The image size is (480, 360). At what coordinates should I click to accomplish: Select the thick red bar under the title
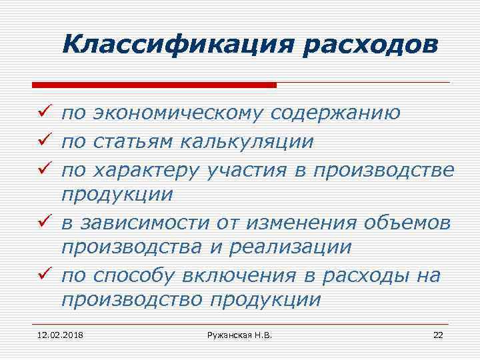[154, 85]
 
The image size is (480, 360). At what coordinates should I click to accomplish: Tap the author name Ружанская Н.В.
[239, 334]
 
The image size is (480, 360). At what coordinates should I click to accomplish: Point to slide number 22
[438, 334]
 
